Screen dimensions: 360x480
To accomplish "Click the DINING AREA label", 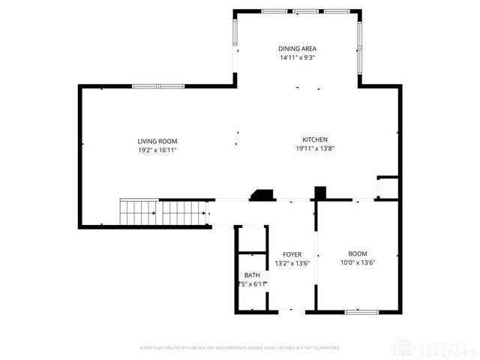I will tap(298, 48).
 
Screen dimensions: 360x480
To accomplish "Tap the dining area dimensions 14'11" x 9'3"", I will tap(298, 57).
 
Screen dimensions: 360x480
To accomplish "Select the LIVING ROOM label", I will tap(157, 141).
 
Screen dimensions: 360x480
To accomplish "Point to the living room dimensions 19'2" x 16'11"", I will tap(157, 150).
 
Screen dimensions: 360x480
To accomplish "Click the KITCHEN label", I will tap(314, 140).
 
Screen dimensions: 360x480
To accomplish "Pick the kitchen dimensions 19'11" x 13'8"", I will tap(314, 149).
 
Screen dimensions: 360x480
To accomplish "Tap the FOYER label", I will tap(292, 254).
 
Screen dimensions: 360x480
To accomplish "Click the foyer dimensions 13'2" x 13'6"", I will tap(292, 263).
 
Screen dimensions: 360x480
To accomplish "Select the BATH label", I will tap(251, 275).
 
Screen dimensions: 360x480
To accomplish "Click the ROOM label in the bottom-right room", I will tap(357, 253).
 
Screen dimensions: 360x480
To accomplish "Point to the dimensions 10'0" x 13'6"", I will tap(357, 262).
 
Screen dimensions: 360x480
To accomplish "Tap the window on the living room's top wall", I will tap(158, 86).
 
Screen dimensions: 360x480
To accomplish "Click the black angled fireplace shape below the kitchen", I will tap(262, 195).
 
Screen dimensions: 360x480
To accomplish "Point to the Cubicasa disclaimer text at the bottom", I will tap(240, 348).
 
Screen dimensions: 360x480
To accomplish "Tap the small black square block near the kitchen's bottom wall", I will tap(320, 193).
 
